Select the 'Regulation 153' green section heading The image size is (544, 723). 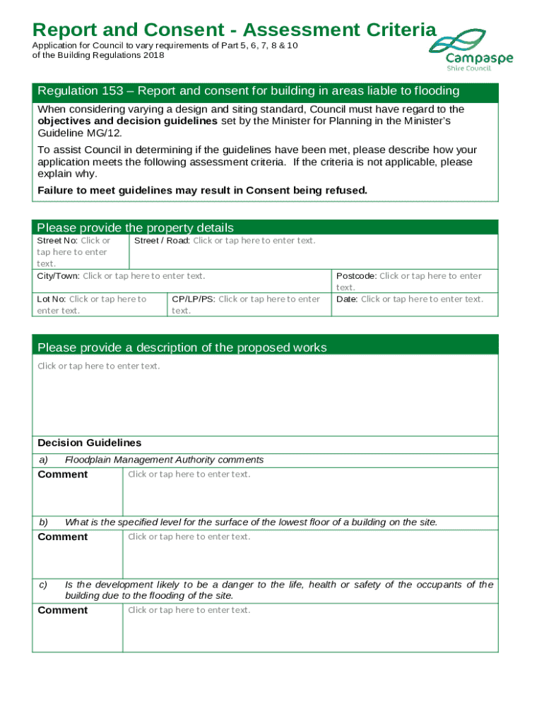[248, 91]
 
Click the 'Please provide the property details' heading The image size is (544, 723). [135, 227]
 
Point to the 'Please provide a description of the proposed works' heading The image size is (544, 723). [182, 347]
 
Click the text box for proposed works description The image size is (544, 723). [265, 395]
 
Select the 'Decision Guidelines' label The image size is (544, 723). [89, 443]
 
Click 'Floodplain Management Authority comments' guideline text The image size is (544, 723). [164, 460]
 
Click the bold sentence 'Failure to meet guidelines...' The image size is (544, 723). [202, 191]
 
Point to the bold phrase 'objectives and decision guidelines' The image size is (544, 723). [127, 121]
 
